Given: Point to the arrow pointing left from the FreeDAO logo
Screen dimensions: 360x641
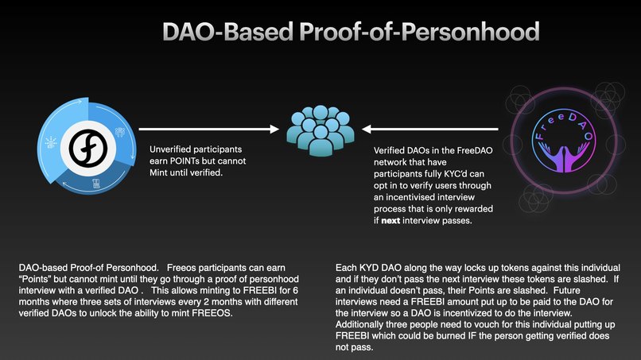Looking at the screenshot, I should coord(430,127).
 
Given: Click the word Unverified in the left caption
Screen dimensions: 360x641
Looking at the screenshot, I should coord(171,149).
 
